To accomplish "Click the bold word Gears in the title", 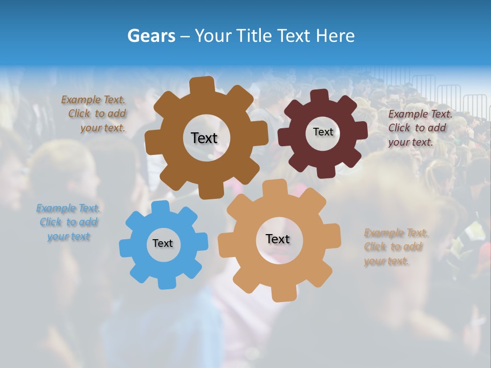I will (151, 36).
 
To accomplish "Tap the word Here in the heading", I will (334, 36).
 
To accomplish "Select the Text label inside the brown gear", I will (204, 138).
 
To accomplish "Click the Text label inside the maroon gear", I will (323, 132).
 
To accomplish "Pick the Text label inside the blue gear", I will (163, 244).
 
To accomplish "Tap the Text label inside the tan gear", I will (278, 239).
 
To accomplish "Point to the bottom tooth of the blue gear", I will (164, 282).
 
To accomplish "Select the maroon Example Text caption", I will (420, 128).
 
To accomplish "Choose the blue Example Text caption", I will (68, 222).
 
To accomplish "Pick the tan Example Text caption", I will (396, 247).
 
